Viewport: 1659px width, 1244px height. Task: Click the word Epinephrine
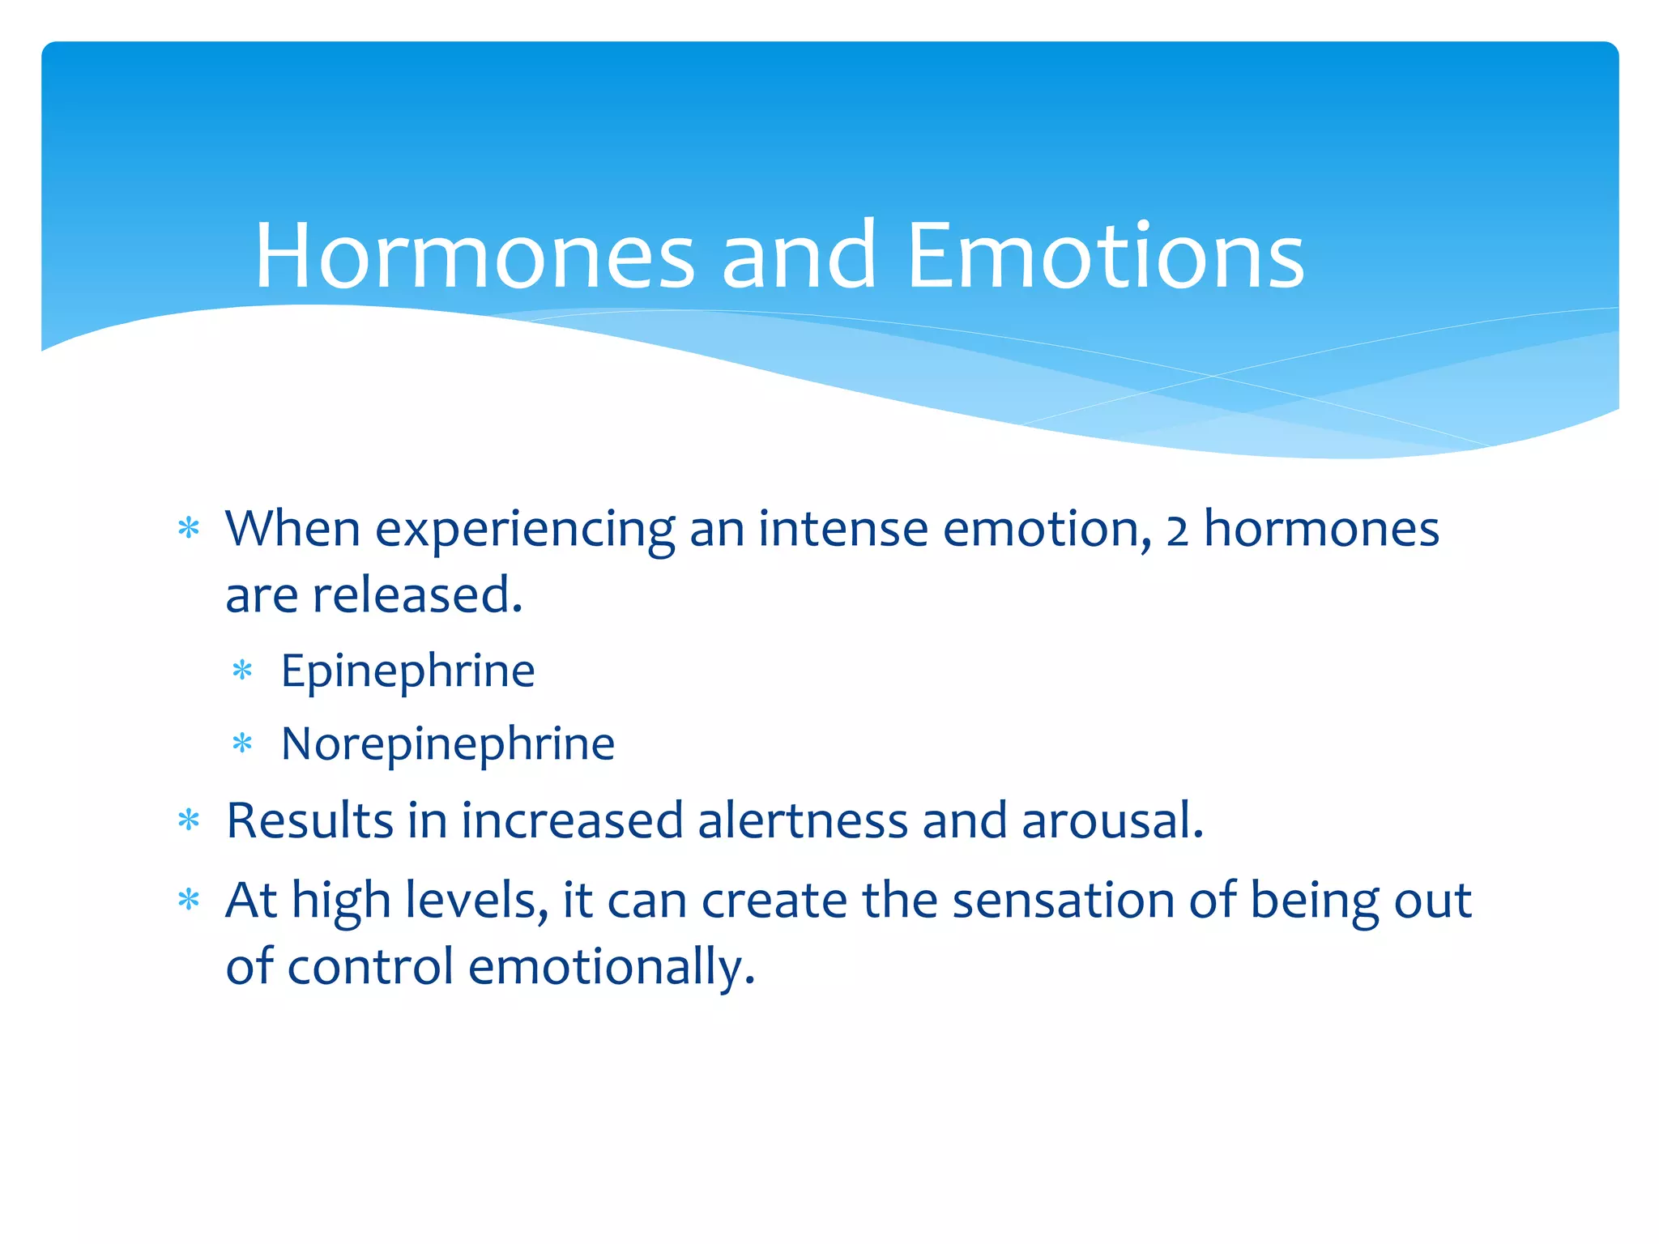[x=407, y=671]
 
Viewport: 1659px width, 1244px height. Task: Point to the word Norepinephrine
[x=447, y=744]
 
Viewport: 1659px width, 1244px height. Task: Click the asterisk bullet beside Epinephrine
[x=242, y=671]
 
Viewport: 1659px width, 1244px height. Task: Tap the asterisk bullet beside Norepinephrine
[x=242, y=743]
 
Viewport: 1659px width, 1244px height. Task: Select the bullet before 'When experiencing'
[x=188, y=530]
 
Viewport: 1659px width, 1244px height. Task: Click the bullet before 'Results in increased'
[x=188, y=821]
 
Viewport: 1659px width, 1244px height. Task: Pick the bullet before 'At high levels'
[x=188, y=901]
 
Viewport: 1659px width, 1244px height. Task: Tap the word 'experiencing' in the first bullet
[x=525, y=531]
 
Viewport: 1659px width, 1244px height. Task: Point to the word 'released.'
[x=417, y=595]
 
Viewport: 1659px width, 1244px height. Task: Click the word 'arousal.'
[x=1112, y=820]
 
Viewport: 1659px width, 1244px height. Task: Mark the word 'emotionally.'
[x=612, y=967]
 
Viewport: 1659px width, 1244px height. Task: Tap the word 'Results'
[x=309, y=820]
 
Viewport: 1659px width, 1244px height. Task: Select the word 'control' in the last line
[x=370, y=967]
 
